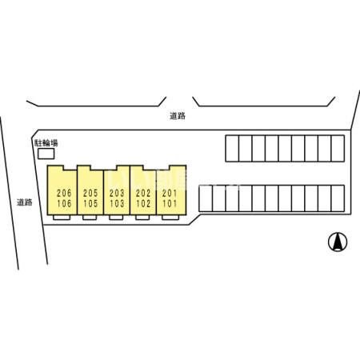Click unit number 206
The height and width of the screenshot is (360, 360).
tap(64, 193)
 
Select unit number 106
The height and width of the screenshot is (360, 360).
tap(64, 204)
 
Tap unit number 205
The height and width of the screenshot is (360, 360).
tap(90, 193)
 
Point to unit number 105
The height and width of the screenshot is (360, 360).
tap(90, 204)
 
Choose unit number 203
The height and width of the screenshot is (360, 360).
tap(117, 193)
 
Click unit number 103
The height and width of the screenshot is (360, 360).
tap(117, 204)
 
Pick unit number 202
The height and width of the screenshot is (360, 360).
tap(143, 193)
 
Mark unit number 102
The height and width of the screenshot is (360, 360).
tap(143, 204)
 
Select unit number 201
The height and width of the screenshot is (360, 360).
tap(170, 193)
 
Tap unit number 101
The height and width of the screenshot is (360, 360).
tap(170, 204)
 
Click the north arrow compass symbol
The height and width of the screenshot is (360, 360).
tap(338, 242)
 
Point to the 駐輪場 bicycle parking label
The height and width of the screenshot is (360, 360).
tap(46, 143)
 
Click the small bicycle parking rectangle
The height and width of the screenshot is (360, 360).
tap(46, 154)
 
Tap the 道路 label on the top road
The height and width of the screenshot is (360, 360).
tap(178, 116)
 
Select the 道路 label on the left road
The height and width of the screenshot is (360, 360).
tap(25, 202)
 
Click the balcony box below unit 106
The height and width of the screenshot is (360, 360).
tap(62, 218)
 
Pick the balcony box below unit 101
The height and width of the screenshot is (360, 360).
tap(170, 218)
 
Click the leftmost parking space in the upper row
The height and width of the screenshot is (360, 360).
tap(232, 149)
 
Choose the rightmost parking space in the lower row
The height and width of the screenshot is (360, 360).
tap(338, 198)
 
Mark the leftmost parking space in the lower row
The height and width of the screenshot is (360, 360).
tap(206, 198)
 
